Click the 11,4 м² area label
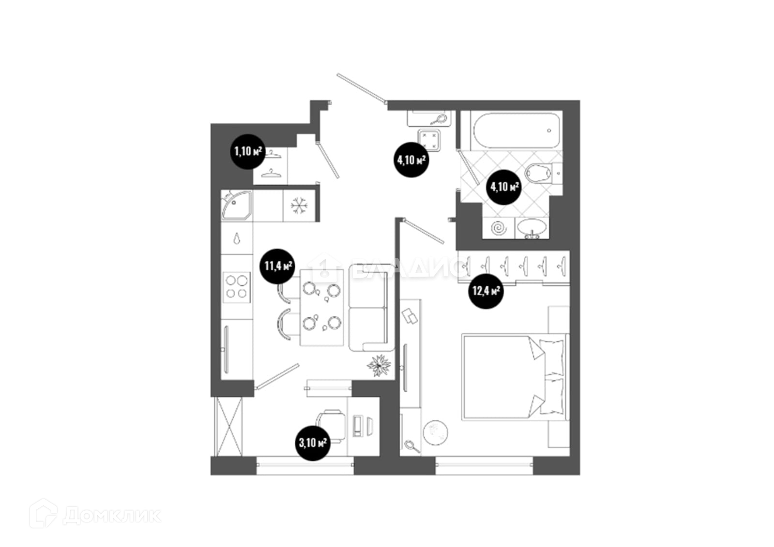278,266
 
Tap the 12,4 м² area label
486,292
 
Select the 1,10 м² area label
248,151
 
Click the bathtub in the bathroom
517,130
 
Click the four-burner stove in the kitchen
237,287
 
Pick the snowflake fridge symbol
299,206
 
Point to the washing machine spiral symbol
499,228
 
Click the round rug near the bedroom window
435,431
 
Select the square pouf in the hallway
429,140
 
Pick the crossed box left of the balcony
228,426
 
